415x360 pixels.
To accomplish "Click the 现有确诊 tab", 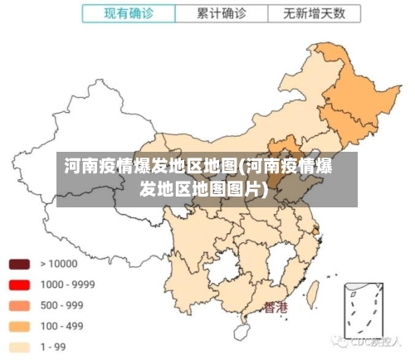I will [129, 14].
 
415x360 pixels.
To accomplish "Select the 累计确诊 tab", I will [221, 14].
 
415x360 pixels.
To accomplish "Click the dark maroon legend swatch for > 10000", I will [19, 265].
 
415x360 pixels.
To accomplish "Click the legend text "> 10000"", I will [58, 265].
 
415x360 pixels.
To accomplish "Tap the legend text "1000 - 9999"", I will [67, 285].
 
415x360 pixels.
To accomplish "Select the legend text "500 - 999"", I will [61, 305].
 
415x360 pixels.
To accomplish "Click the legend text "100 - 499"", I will [61, 326].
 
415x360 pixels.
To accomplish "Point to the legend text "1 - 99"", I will [54, 347].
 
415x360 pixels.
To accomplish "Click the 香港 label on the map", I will [276, 309].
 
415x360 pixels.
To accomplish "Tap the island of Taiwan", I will [314, 291].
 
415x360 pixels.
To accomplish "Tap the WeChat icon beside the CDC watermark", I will [340, 341].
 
